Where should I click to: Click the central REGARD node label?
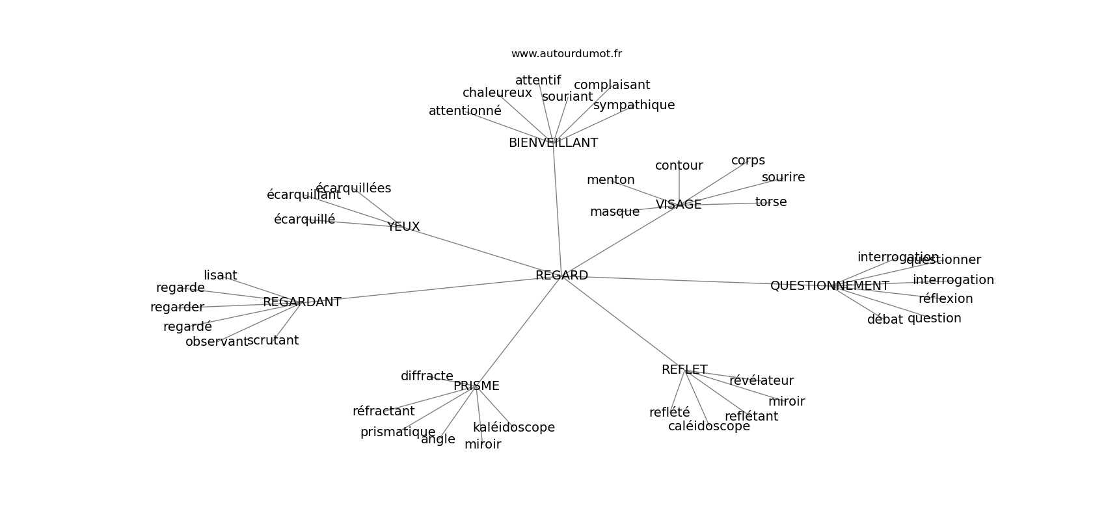tap(561, 276)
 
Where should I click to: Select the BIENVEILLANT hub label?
tap(553, 143)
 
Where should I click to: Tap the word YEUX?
tap(403, 227)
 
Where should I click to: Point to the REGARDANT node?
tap(302, 302)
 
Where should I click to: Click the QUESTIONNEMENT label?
tap(829, 286)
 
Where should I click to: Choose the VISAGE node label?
tap(679, 205)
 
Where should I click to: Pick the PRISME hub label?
tap(476, 386)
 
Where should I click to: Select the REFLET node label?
tap(684, 370)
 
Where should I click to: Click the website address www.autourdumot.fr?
tap(566, 54)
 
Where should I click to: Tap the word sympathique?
tap(634, 105)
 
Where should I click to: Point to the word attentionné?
tap(465, 111)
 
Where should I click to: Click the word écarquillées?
tap(353, 188)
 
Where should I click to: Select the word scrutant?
tap(273, 341)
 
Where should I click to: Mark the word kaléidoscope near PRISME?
tap(514, 428)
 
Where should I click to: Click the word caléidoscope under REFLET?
tap(709, 426)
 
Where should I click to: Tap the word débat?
tap(885, 320)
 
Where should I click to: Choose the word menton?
tap(610, 180)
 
